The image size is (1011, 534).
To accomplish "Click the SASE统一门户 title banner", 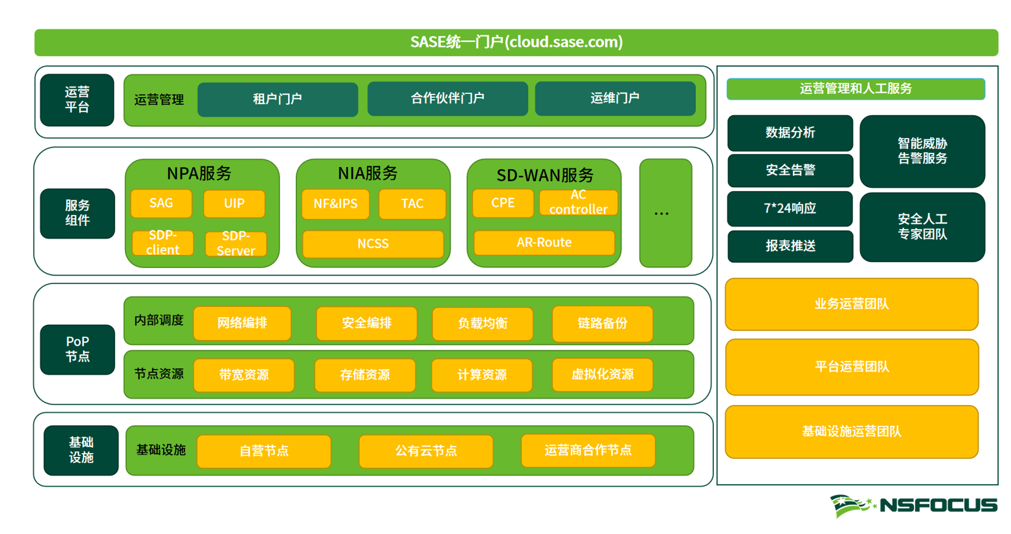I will pos(516,42).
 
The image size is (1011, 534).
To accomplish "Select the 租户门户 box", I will pos(277,99).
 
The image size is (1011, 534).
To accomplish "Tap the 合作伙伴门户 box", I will pos(447,98).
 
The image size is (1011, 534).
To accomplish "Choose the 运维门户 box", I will pos(615,98).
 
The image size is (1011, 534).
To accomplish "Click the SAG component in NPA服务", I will pos(161,203).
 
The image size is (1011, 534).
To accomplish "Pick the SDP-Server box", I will pos(236,243).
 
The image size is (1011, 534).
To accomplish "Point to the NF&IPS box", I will pos(335,204).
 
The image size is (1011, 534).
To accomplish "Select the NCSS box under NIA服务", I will pos(373,244).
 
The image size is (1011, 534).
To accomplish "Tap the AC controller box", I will pos(578,203).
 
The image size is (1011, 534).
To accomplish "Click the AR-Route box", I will pos(544,243).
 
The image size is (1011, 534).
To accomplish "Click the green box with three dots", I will pos(665,213).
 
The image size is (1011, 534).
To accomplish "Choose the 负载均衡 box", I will pos(482,323).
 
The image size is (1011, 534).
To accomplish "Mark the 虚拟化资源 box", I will pos(602,375).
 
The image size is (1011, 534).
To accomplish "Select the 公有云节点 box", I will pos(426,451).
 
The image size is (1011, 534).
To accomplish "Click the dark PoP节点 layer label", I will pos(77,350).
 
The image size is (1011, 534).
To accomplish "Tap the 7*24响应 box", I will pos(790,208).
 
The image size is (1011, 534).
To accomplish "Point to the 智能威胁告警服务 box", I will pos(922,151).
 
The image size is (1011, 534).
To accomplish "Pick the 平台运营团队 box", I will pos(851,367).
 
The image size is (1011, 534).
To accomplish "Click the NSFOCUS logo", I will pos(913,506).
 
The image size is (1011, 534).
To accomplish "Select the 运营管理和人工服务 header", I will pos(855,89).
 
